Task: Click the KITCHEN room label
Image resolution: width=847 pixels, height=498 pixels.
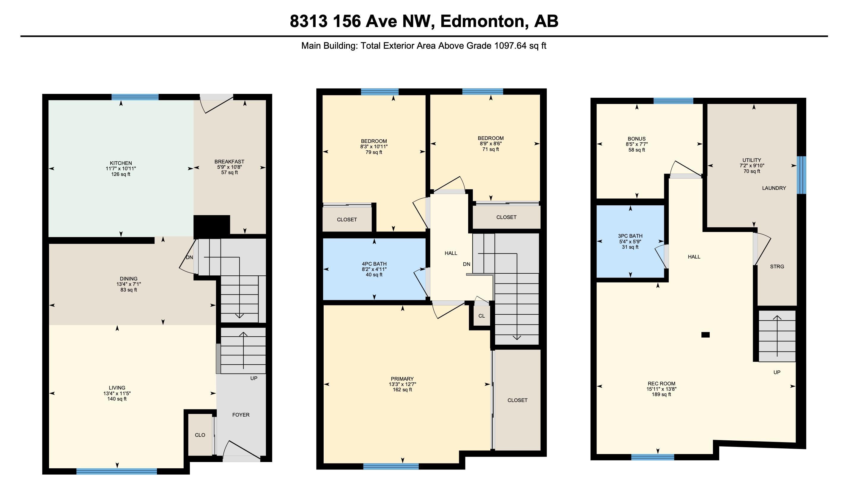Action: pos(121,163)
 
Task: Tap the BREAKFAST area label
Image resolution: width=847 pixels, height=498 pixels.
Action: pos(229,162)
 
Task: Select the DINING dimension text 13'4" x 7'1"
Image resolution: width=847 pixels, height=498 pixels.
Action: pos(129,284)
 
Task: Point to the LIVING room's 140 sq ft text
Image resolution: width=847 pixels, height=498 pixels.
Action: pos(117,399)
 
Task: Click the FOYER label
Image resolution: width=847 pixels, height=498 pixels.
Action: pos(241,415)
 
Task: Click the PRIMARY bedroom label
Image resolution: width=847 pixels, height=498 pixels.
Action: pos(402,379)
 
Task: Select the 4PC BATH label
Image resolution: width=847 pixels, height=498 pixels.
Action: pos(374,264)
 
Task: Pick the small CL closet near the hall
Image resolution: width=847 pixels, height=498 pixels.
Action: pos(482,316)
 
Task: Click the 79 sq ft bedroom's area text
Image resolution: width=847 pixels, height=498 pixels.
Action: pos(374,152)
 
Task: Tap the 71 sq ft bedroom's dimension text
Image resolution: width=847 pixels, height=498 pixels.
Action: pos(491,144)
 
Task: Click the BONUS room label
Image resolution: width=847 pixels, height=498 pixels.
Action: pos(637,139)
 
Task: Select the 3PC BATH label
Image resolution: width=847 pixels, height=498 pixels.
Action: pos(630,236)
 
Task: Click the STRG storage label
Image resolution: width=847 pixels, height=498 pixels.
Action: pos(777,267)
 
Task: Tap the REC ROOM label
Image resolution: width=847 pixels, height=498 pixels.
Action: pos(662,384)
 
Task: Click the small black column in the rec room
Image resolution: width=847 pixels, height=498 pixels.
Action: pos(706,335)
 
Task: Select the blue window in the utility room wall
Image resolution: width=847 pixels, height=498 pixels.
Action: pos(802,175)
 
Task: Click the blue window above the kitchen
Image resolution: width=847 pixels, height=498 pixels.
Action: pos(135,97)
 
